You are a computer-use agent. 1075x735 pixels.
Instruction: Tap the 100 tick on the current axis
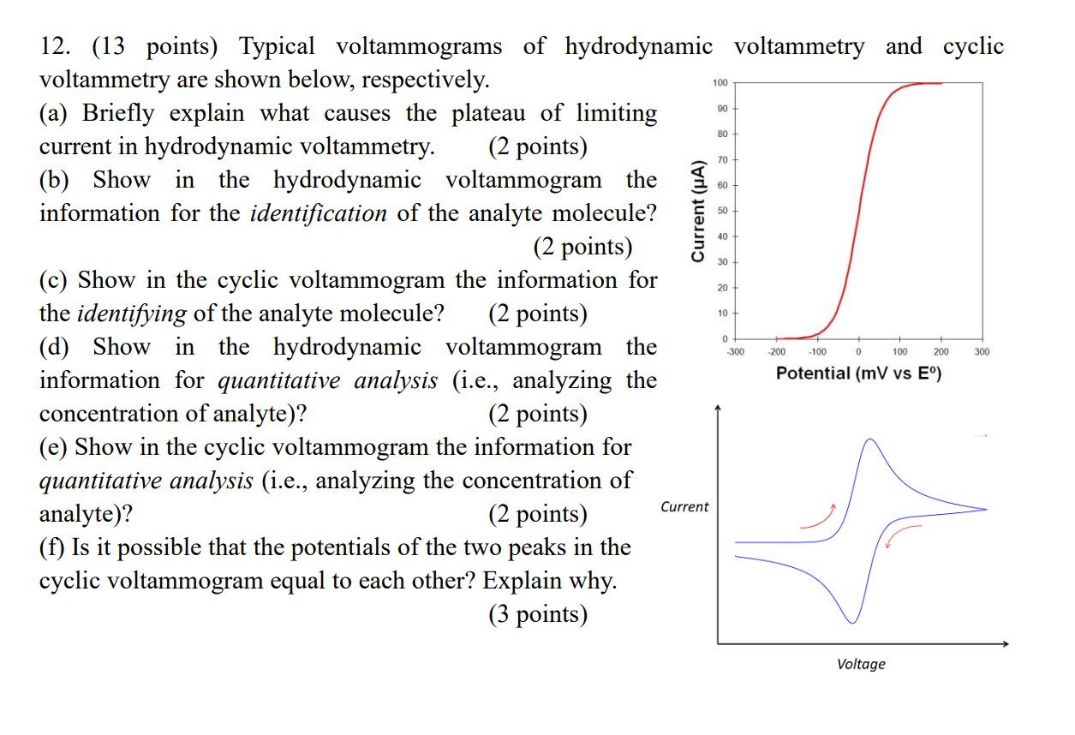[720, 83]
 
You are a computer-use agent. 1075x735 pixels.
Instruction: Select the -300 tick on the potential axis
[735, 351]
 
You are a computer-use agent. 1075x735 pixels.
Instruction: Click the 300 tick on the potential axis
[982, 351]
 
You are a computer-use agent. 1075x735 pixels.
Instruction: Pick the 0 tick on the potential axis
[858, 351]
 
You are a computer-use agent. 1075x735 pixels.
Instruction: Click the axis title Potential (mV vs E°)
[858, 373]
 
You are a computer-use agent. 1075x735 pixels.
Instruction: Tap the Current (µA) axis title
[698, 211]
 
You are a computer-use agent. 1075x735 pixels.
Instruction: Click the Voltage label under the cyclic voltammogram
[861, 664]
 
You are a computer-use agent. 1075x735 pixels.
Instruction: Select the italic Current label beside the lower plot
[684, 507]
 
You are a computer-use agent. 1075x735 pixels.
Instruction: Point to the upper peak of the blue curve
[869, 439]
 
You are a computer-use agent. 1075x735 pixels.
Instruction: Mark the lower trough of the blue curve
[851, 622]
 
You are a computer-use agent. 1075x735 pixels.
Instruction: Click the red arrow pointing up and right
[819, 517]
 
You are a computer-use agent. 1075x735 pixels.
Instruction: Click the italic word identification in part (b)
[318, 213]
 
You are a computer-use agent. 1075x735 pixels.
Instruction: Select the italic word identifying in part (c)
[132, 314]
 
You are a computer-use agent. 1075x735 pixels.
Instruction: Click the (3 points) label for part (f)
[538, 614]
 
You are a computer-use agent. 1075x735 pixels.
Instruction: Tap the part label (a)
[57, 113]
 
